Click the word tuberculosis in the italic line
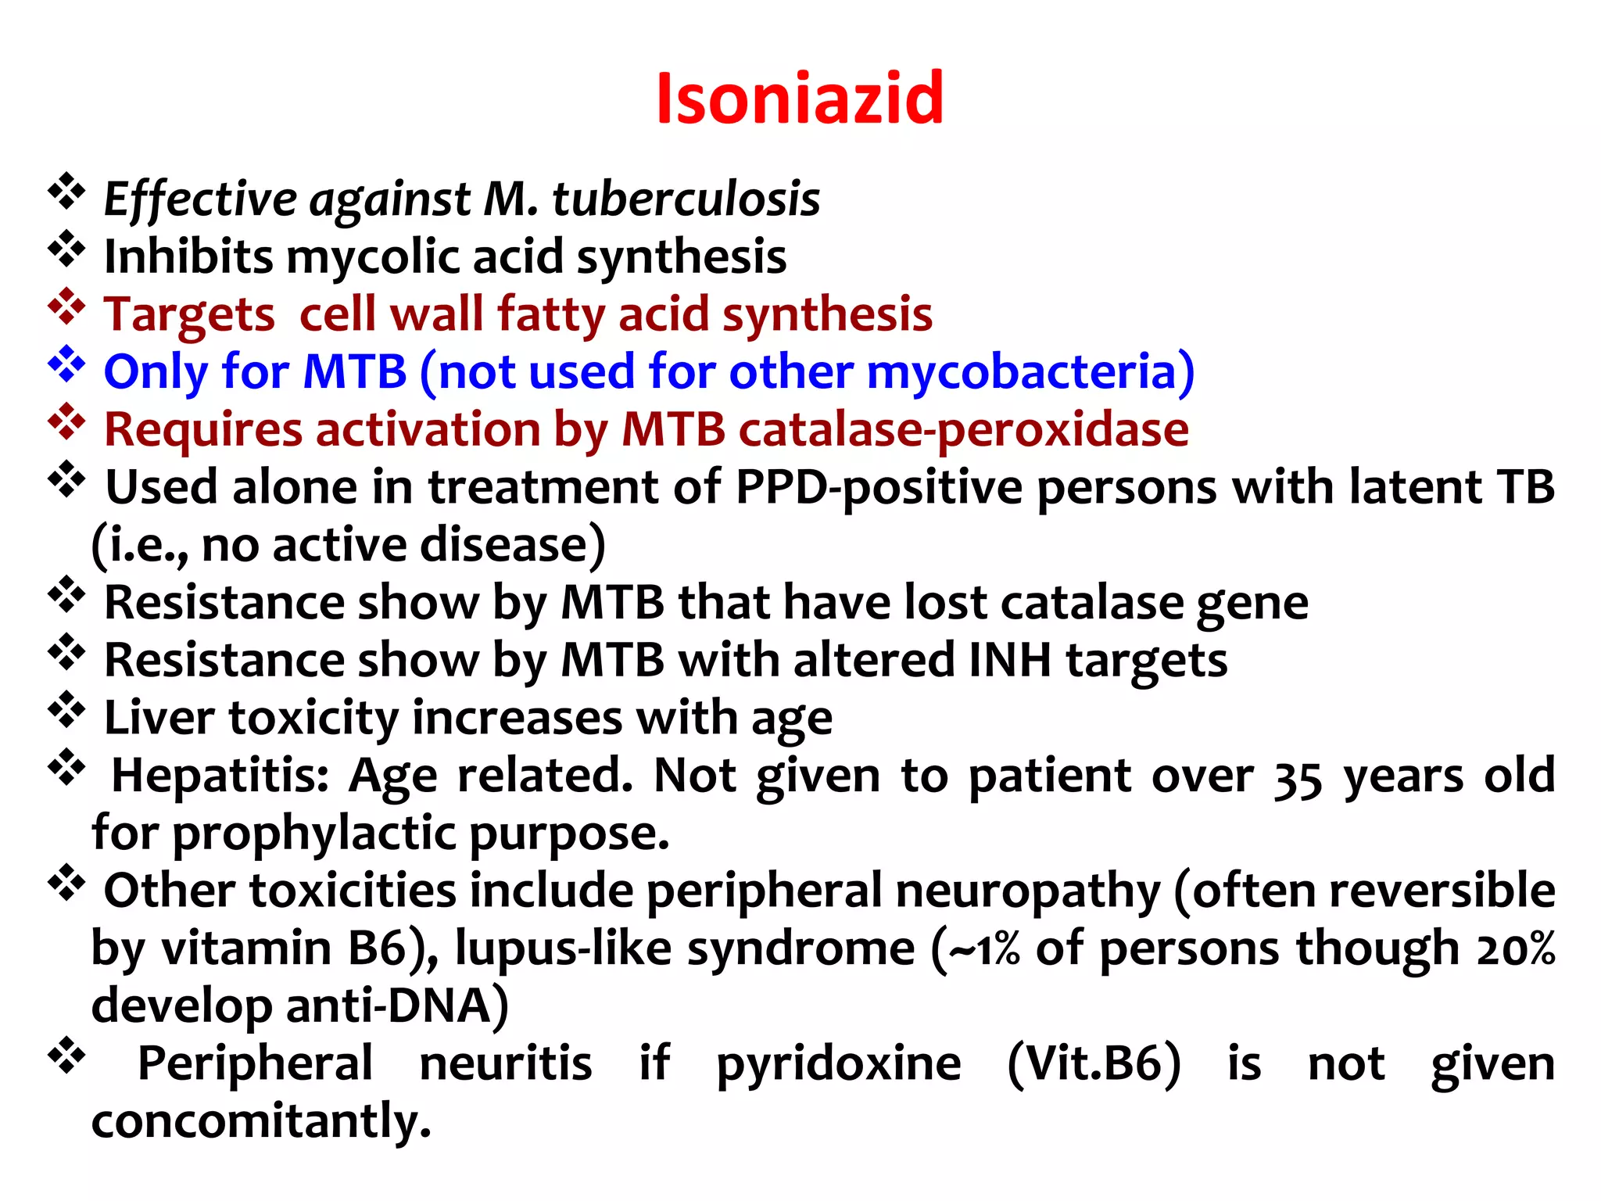(686, 199)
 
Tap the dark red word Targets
(189, 314)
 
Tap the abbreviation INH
(1009, 660)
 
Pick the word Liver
(158, 718)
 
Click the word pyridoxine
(839, 1064)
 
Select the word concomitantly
(261, 1121)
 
